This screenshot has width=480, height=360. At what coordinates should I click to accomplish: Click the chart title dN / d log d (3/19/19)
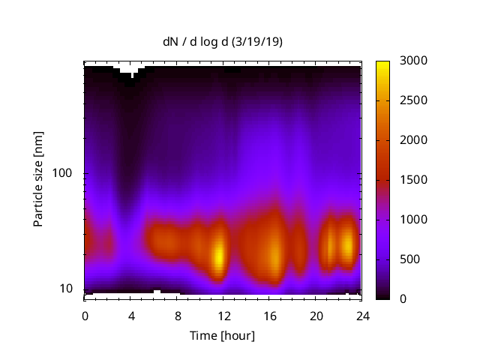point(223,42)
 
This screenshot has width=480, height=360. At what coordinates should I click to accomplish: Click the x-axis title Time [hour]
point(222,335)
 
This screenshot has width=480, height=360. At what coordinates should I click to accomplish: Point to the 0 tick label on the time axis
point(85,315)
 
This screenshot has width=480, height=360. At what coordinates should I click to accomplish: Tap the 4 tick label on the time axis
point(131,315)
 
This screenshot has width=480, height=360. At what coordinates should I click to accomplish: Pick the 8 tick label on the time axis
point(177,315)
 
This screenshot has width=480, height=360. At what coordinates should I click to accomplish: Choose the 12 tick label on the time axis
point(223,315)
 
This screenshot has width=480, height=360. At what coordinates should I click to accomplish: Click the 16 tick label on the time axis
point(270,315)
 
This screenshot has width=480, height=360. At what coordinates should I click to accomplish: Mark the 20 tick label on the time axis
point(316,315)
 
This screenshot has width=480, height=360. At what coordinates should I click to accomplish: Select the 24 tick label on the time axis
point(362,315)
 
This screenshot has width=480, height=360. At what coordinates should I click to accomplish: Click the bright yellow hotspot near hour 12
point(219,255)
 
